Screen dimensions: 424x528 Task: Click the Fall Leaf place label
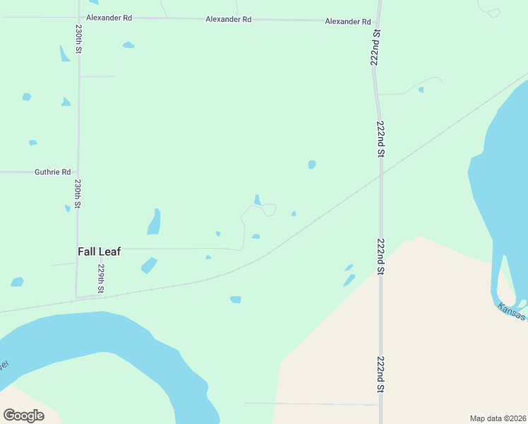point(99,251)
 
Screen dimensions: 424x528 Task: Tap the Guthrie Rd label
point(53,172)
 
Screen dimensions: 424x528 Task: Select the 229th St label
point(101,279)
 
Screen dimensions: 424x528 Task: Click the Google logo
point(24,416)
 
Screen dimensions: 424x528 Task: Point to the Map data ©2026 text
point(498,418)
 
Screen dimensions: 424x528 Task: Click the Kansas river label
point(511,312)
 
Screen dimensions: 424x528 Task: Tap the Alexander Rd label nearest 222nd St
point(348,22)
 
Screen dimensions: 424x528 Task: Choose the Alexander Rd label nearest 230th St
point(109,17)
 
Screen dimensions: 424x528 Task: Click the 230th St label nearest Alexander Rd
point(79,40)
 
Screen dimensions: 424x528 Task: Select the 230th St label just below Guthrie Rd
point(78,193)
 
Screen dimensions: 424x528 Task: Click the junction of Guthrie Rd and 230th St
point(78,172)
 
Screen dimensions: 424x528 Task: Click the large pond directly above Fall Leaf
point(154,223)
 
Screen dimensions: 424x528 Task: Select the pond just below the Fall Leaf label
point(148,266)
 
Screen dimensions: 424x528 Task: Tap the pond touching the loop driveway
point(257,201)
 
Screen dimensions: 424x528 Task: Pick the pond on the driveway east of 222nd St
point(421,90)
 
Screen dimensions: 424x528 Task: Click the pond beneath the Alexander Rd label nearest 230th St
point(128,45)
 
